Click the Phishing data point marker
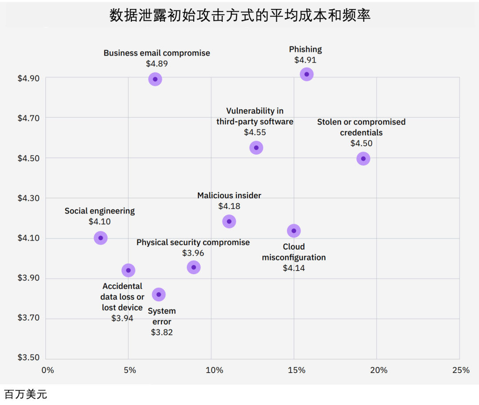[x=306, y=74]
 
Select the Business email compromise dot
[x=155, y=79]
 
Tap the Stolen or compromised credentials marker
[x=363, y=158]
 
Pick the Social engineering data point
[x=101, y=238]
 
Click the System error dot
[x=159, y=294]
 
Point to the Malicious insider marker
[x=229, y=221]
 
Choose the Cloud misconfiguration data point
[x=294, y=231]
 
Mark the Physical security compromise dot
[x=193, y=267]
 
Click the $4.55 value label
[x=255, y=132]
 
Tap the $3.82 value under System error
[x=162, y=332]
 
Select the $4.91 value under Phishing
[x=305, y=60]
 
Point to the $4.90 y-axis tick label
[x=28, y=79]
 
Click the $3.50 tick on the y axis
[x=28, y=358]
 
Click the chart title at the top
[x=239, y=16]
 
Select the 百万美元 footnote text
[x=25, y=394]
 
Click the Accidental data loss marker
[x=128, y=270]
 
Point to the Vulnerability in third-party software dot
[x=256, y=148]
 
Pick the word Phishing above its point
[x=305, y=49]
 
